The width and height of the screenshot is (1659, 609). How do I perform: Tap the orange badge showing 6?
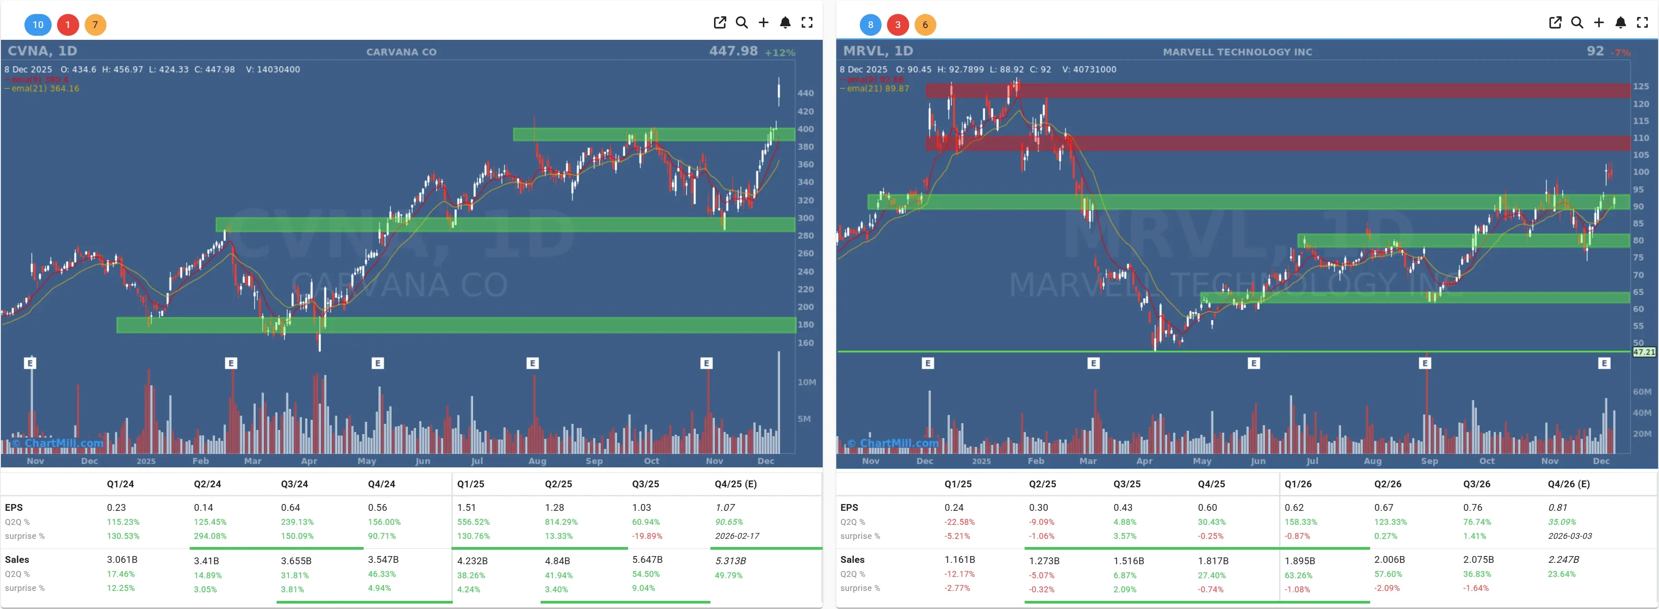925,24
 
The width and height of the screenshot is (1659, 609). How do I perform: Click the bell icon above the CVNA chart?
785,23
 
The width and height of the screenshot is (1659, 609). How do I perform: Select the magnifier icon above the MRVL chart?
1577,23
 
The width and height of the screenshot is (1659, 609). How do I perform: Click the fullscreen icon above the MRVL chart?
1642,23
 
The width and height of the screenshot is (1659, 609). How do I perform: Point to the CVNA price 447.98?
733,51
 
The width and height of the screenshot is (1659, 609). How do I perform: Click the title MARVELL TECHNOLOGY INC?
1237,52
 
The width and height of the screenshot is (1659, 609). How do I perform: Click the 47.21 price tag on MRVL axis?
1644,352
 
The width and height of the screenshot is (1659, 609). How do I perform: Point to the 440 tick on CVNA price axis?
805,93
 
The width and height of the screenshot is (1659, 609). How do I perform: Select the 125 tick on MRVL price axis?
1641,86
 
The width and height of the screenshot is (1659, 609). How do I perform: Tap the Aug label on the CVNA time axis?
537,461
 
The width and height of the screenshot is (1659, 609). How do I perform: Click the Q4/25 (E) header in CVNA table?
735,484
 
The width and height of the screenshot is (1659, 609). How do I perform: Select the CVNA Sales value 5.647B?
647,559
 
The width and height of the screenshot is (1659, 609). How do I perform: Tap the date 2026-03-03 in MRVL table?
1569,536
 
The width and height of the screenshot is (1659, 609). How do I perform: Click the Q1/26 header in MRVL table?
1298,484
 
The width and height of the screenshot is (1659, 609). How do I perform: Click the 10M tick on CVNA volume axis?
806,382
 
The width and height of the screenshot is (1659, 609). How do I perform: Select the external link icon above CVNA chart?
720,23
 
